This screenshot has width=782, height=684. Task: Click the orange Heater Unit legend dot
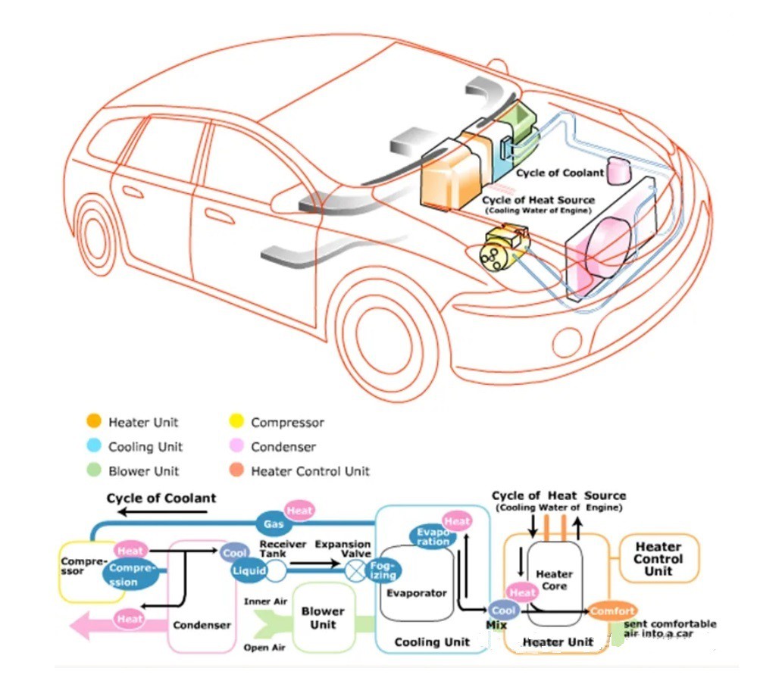click(x=94, y=422)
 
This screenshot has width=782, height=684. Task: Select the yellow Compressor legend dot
click(x=236, y=422)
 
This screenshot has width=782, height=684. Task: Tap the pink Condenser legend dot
click(x=236, y=446)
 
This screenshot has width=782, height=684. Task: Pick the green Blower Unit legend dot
click(x=94, y=470)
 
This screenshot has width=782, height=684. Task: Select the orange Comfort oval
click(x=612, y=611)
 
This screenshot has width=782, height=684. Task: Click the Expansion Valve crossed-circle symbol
click(x=355, y=571)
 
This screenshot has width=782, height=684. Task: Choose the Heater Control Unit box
click(x=658, y=558)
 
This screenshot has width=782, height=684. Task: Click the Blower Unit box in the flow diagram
click(x=323, y=617)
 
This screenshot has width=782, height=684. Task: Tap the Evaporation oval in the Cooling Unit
click(x=433, y=537)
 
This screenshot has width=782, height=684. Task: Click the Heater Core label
click(x=554, y=580)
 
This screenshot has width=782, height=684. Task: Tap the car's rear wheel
click(x=99, y=234)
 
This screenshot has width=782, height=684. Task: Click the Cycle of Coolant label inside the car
click(x=560, y=173)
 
